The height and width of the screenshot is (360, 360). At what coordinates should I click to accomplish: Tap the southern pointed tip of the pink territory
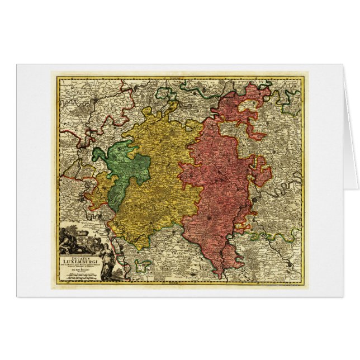[221, 275]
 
